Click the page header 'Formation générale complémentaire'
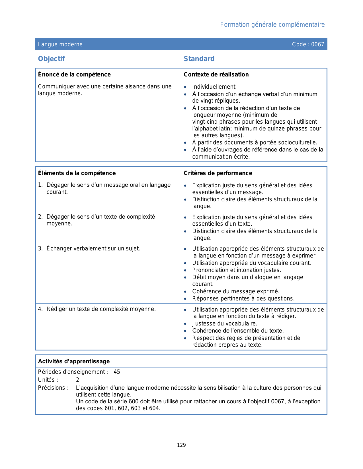point(272,25)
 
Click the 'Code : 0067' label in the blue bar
point(308,44)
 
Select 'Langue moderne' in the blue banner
point(60,44)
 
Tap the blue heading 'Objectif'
point(52,59)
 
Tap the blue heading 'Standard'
point(199,59)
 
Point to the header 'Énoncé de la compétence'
point(74,74)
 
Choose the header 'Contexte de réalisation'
point(216,74)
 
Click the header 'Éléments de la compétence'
point(77,173)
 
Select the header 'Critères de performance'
point(218,173)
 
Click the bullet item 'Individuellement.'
point(214,87)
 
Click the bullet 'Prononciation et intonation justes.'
point(237,270)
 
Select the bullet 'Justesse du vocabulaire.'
point(225,323)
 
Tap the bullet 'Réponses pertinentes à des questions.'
point(243,298)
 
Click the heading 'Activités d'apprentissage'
point(74,361)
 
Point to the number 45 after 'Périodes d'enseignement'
point(117,372)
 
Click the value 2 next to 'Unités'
point(77,380)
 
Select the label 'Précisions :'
point(53,388)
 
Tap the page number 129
point(181,445)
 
